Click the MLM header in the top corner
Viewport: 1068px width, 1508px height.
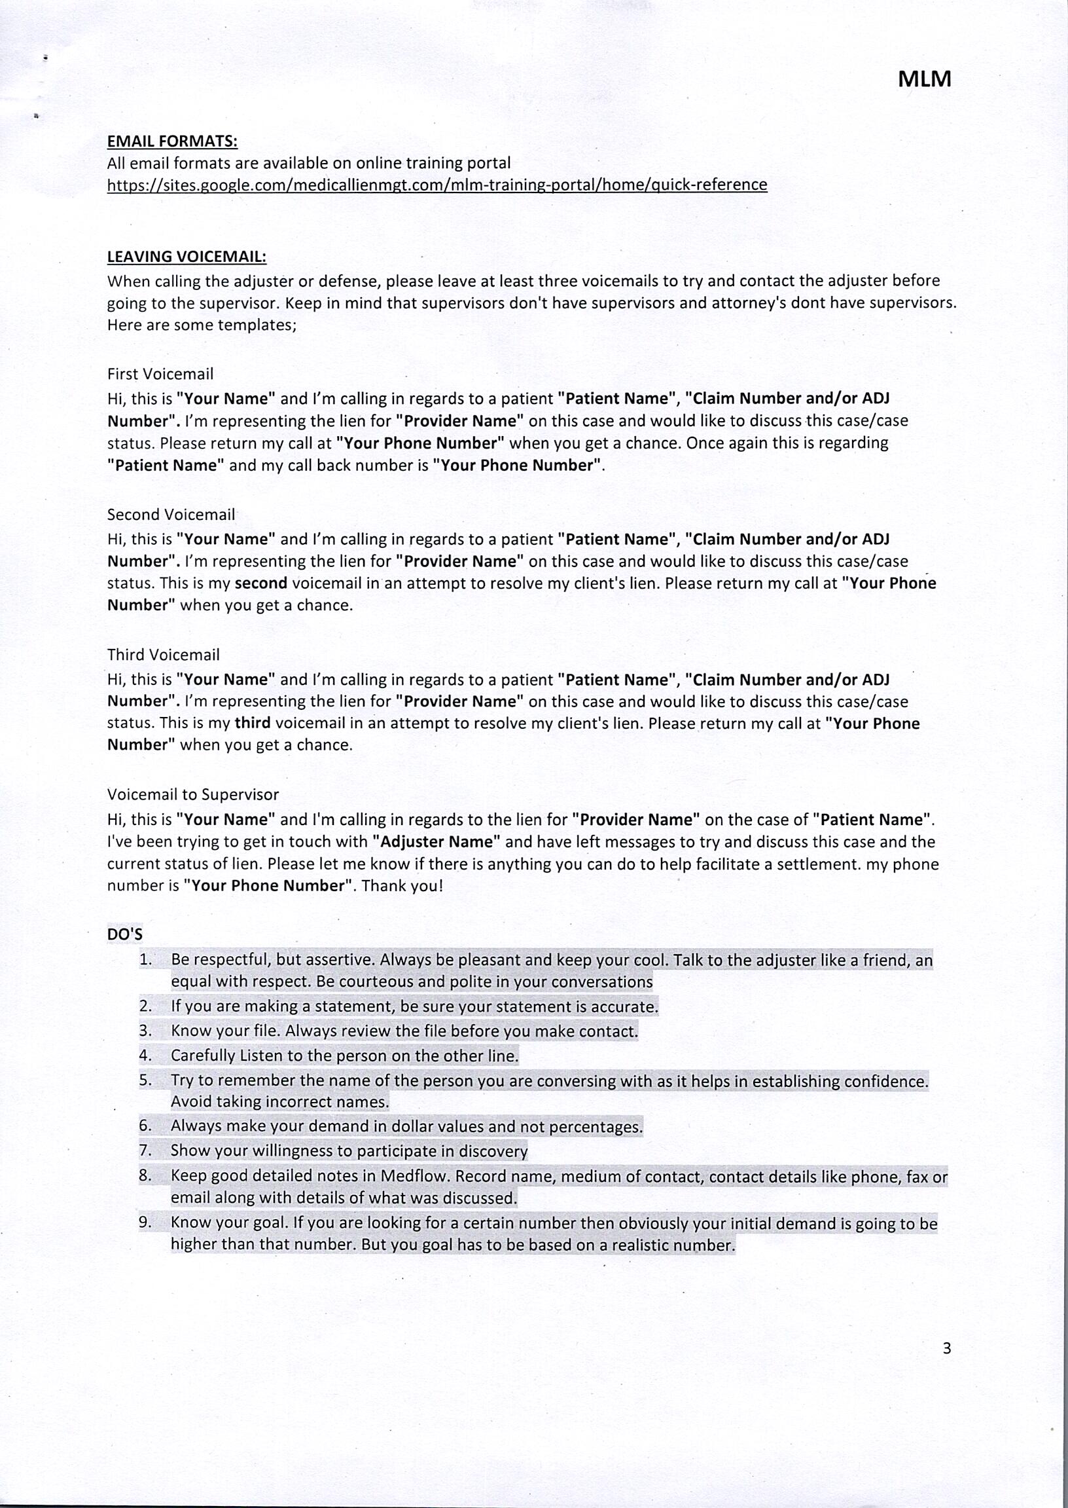[x=924, y=80]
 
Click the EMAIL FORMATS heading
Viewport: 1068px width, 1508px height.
[x=171, y=141]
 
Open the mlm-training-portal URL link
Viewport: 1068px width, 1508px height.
[x=436, y=185]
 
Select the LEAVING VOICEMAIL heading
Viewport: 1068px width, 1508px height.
[x=186, y=257]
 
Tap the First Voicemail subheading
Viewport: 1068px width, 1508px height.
[x=160, y=374]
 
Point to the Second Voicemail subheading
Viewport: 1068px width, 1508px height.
[x=171, y=514]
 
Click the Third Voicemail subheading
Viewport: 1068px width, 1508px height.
[x=163, y=655]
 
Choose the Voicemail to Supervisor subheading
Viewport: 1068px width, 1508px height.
[x=192, y=794]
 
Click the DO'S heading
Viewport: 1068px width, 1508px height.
[x=125, y=934]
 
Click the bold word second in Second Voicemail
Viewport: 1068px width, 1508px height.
[x=261, y=583]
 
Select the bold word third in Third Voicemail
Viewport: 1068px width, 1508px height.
[x=253, y=724]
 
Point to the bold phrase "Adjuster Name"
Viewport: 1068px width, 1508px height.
[x=436, y=842]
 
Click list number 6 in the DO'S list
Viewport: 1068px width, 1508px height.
[x=145, y=1126]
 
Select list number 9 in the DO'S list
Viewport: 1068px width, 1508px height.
[x=145, y=1223]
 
